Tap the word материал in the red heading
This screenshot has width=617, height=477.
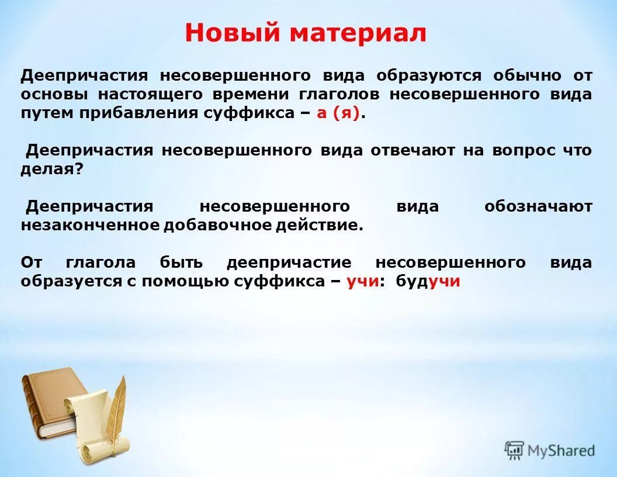coord(358,33)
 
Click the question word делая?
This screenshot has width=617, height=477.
coord(52,170)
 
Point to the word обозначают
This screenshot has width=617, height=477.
coord(538,206)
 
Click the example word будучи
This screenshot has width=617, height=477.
coord(428,281)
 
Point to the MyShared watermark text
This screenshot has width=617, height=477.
coord(561,451)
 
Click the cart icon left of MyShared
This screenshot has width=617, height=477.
coord(514,450)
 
